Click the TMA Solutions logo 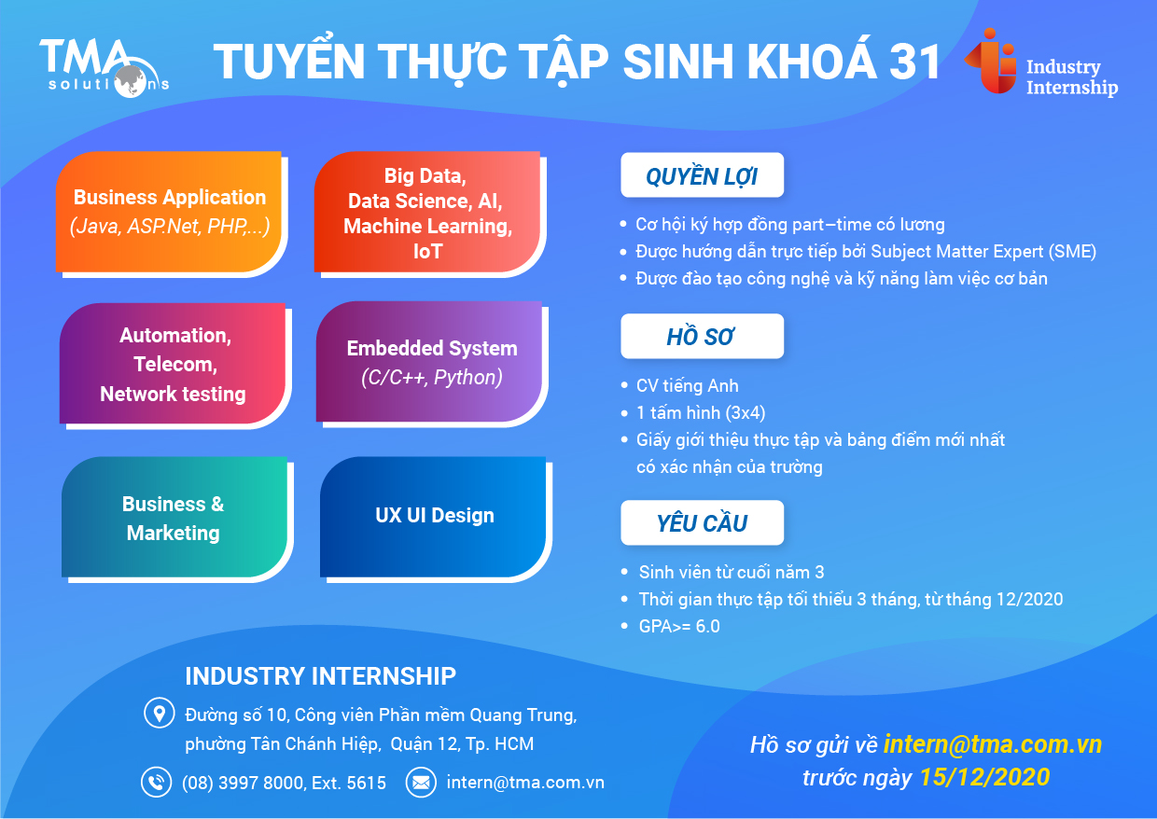coord(104,65)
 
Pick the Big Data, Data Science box coord(427,214)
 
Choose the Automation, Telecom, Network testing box coord(173,364)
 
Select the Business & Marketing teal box coord(174,518)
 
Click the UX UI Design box coord(434,516)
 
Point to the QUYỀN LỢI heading coord(702,176)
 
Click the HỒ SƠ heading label coord(702,337)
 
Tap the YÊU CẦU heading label coord(702,523)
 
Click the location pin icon coord(158,715)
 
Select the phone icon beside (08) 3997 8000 coord(156,782)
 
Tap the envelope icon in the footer coord(421,782)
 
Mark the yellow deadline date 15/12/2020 coord(984,777)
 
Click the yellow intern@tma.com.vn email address coord(993,744)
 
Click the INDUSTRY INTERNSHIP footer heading coord(320,676)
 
